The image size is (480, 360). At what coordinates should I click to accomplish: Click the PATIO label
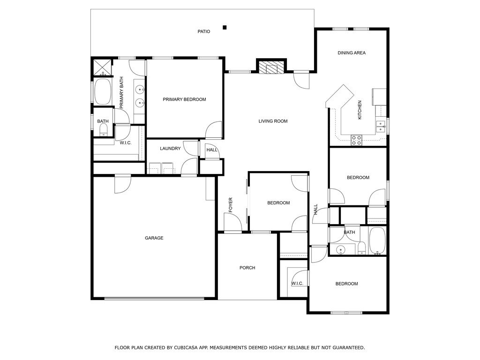click(204, 31)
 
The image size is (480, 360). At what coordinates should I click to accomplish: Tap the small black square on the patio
click(225, 27)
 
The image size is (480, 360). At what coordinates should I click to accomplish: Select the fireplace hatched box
click(271, 67)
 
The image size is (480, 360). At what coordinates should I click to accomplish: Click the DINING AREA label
click(352, 52)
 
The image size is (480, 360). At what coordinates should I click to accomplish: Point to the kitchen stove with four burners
click(356, 140)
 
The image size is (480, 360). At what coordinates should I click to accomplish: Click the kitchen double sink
click(381, 127)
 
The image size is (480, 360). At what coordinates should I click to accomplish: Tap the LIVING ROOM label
click(273, 121)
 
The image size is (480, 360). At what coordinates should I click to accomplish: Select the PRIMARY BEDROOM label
click(184, 99)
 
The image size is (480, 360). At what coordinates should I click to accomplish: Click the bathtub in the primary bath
click(102, 92)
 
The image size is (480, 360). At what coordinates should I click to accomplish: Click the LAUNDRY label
click(170, 149)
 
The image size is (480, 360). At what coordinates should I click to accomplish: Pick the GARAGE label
click(154, 238)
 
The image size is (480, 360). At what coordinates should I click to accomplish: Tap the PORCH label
click(247, 268)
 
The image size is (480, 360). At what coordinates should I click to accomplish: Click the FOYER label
click(231, 205)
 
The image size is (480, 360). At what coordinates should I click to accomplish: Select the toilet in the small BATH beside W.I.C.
click(104, 130)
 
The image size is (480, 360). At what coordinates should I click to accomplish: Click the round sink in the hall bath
click(340, 250)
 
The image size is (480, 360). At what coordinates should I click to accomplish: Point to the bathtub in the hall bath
click(377, 240)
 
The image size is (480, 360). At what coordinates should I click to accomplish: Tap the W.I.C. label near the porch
click(297, 284)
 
